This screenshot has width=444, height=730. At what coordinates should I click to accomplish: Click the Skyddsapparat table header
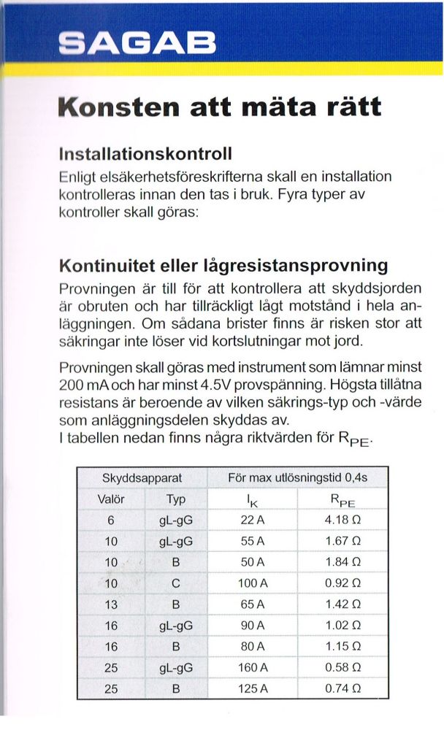point(142,479)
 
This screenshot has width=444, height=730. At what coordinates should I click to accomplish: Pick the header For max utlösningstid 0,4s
point(297,479)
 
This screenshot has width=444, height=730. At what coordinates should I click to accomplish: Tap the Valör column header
point(111,499)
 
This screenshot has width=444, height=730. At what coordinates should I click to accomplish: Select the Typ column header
point(175,499)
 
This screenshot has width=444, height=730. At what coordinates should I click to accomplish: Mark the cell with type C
point(175,583)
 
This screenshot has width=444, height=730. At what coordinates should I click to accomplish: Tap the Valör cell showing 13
point(111,604)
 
